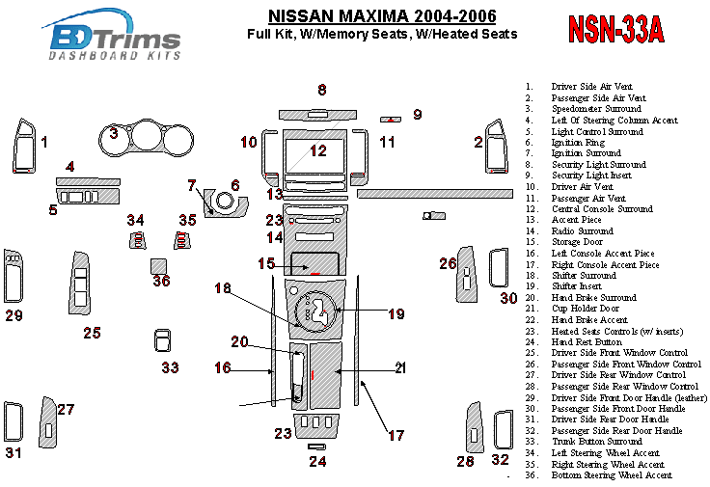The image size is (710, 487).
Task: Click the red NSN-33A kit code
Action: pyautogui.click(x=614, y=30)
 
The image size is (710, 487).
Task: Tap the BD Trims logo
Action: pyautogui.click(x=114, y=40)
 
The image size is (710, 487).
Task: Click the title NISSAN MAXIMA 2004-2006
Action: pyautogui.click(x=382, y=16)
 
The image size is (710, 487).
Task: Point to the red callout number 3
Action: pyautogui.click(x=114, y=133)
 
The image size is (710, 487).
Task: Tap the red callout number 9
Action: pyautogui.click(x=417, y=115)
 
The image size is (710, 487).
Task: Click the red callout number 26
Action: pyautogui.click(x=448, y=263)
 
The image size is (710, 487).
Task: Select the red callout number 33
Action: pyautogui.click(x=170, y=367)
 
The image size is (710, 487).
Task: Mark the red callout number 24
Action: pyautogui.click(x=317, y=461)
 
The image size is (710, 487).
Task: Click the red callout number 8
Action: pyautogui.click(x=322, y=90)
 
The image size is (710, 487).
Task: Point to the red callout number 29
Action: pyautogui.click(x=14, y=315)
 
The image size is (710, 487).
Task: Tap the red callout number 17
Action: pyautogui.click(x=396, y=435)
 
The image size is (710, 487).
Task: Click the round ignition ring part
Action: pyautogui.click(x=225, y=203)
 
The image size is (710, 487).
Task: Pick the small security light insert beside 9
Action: pyautogui.click(x=391, y=119)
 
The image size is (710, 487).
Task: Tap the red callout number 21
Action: pyautogui.click(x=400, y=367)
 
